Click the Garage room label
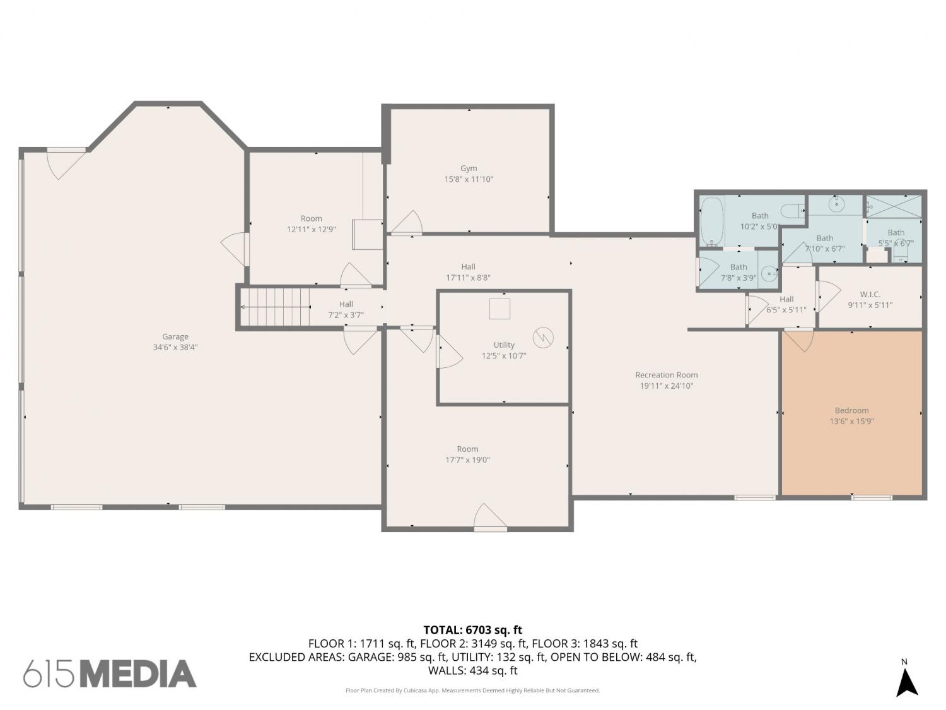point(175,336)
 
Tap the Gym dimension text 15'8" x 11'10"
point(469,179)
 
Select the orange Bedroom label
point(851,410)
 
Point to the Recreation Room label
point(666,375)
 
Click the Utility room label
point(504,345)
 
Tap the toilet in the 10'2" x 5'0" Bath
point(793,211)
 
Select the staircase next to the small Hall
point(274,307)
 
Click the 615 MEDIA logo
point(110,674)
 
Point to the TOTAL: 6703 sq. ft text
point(473,630)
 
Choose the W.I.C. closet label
point(870,295)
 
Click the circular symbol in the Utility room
point(543,338)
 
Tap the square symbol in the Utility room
point(499,309)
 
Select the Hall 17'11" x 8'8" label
point(468,272)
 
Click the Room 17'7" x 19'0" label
point(467,454)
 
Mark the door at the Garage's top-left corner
point(66,163)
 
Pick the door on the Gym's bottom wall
point(406,223)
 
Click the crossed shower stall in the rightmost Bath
point(894,206)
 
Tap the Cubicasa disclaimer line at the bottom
point(473,690)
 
